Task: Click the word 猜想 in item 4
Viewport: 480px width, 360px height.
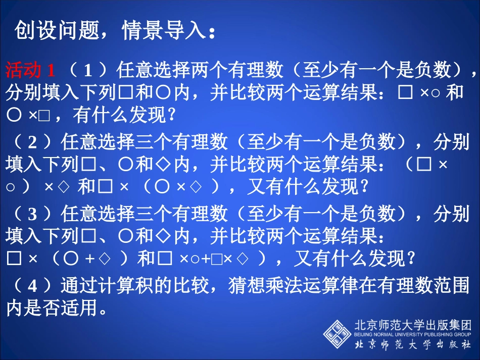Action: (246, 286)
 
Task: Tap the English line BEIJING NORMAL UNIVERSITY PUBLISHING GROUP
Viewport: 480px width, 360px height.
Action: (413, 334)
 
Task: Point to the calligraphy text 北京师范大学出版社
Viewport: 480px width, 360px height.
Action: (413, 345)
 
